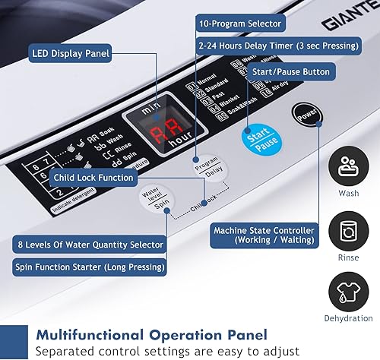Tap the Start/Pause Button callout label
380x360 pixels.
(x=291, y=72)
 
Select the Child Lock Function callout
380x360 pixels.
(x=94, y=178)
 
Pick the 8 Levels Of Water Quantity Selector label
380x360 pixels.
(x=89, y=245)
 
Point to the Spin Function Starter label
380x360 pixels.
(x=89, y=267)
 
